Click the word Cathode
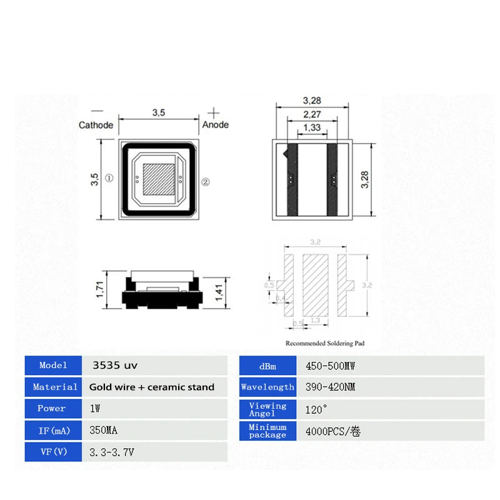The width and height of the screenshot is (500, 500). coord(96,125)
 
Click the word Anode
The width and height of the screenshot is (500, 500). coord(216,125)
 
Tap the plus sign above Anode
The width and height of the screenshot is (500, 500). coord(214,113)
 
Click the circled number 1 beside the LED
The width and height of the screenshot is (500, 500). coord(109,178)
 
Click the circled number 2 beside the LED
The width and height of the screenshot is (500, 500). coord(206,182)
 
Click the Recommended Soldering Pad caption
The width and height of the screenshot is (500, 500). coord(324,343)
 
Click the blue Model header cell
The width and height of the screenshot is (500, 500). coord(53,365)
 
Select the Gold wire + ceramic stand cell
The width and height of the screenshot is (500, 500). coord(152,387)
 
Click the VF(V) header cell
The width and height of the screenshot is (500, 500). coord(53,452)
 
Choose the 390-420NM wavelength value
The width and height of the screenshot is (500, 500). coord(330,387)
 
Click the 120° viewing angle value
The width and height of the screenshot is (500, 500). coord(317,409)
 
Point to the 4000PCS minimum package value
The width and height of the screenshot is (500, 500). coord(333,431)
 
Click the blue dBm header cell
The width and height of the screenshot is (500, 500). coord(267,366)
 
